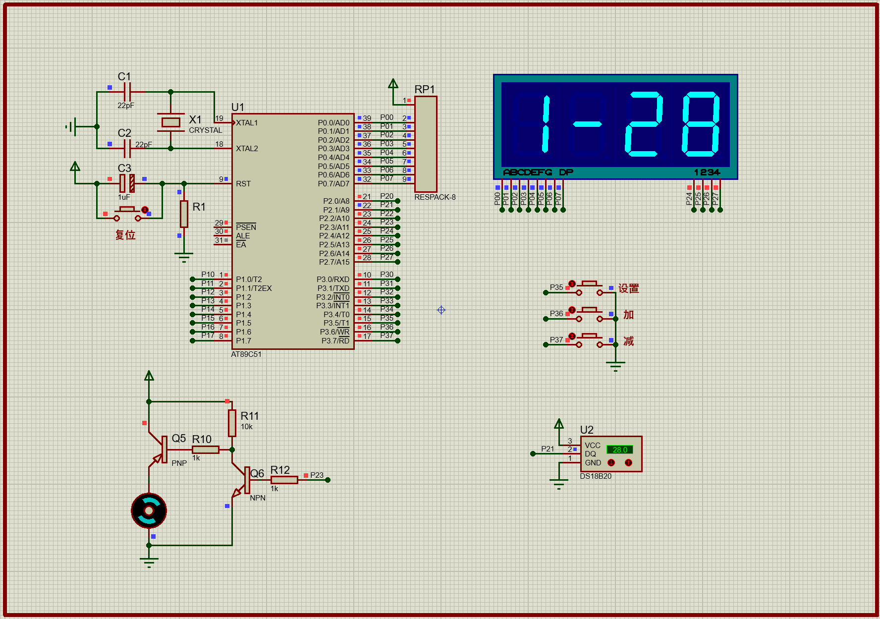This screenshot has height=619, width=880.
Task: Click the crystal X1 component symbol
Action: [x=171, y=122]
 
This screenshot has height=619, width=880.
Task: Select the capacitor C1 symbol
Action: [x=127, y=92]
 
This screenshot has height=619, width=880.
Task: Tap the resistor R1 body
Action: [x=184, y=214]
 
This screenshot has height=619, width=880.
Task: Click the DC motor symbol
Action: [x=149, y=510]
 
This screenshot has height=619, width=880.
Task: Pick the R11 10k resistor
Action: [x=232, y=423]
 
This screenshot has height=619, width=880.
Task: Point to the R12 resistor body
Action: [x=284, y=479]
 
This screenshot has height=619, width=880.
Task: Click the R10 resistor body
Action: [x=205, y=450]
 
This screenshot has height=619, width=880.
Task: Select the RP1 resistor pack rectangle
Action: [x=426, y=144]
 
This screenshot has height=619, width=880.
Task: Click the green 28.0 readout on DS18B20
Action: [x=619, y=450]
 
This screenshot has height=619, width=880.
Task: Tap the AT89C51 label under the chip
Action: [x=246, y=354]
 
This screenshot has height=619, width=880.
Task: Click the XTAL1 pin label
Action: [x=247, y=123]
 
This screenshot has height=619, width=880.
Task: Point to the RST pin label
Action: [x=243, y=184]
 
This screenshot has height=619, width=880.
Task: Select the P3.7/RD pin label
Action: [x=335, y=340]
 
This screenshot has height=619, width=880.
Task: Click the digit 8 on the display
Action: [x=701, y=124]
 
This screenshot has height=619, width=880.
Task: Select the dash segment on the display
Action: [x=587, y=124]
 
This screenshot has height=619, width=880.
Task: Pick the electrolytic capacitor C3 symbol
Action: [x=127, y=183]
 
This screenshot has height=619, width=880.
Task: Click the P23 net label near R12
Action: [x=317, y=475]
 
